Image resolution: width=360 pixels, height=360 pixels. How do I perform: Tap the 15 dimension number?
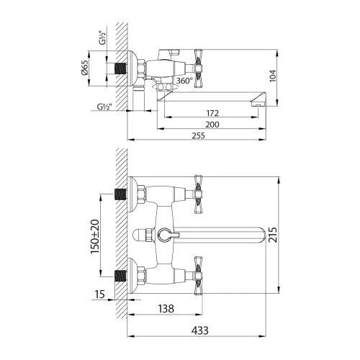coord(101,294)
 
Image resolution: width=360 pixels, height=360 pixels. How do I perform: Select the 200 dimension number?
coord(212,125)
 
